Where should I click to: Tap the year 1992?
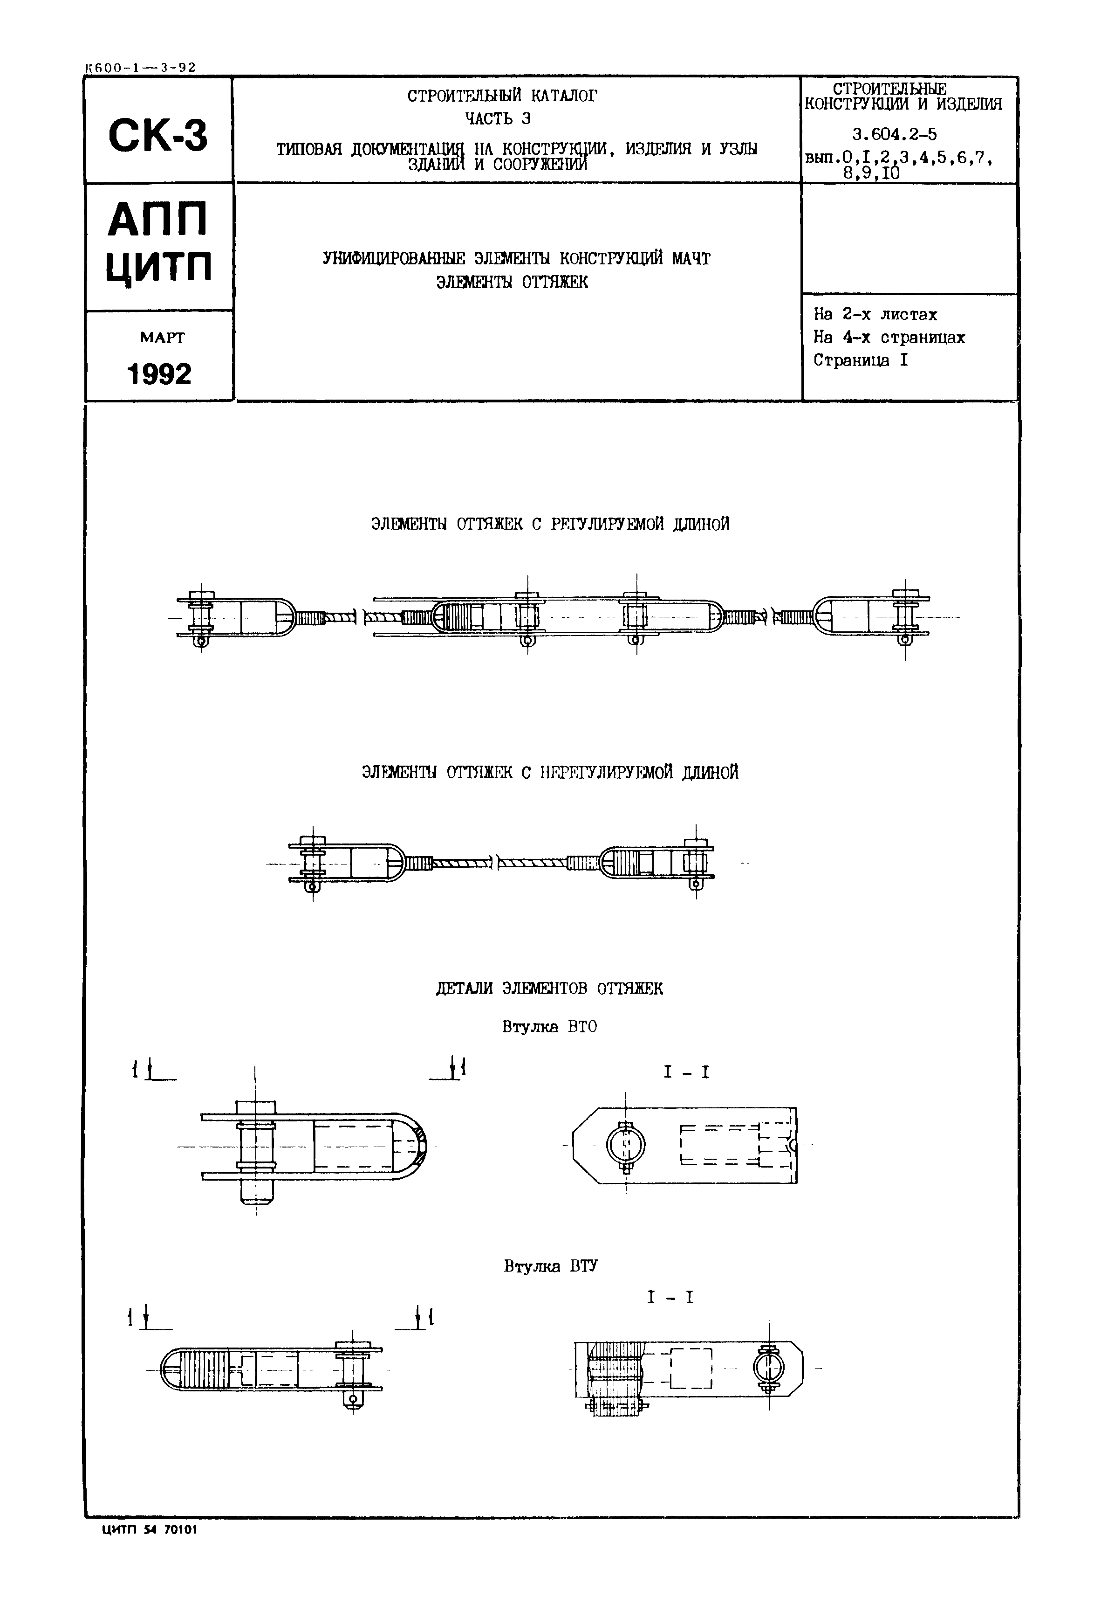click(x=159, y=374)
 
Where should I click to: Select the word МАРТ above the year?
click(x=162, y=338)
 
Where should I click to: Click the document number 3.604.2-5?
click(x=894, y=134)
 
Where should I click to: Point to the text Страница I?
click(x=860, y=360)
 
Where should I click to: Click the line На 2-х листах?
click(x=875, y=315)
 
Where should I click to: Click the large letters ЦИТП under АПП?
click(x=159, y=268)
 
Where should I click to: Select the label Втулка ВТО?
click(x=549, y=1027)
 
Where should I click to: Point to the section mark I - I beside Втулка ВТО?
click(x=686, y=1072)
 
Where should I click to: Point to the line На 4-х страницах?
click(x=889, y=338)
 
